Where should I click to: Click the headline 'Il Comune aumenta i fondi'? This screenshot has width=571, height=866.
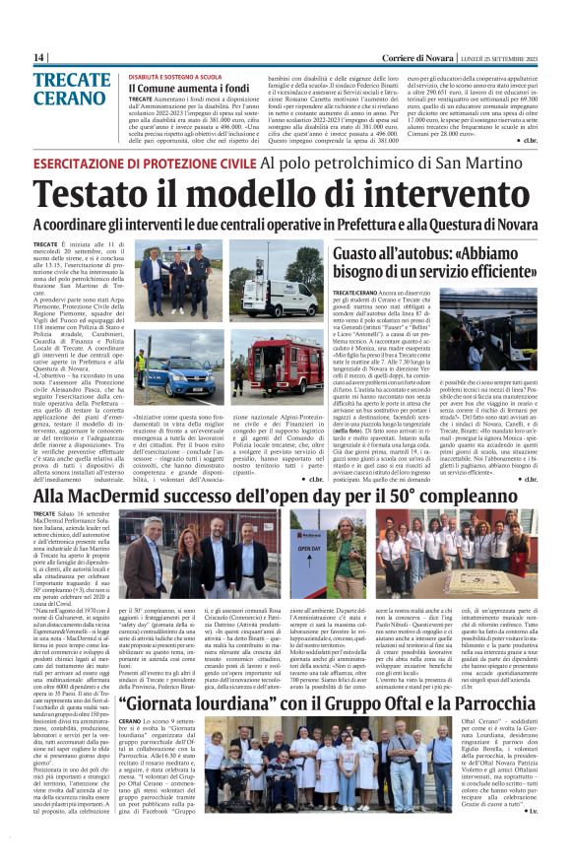click(x=189, y=88)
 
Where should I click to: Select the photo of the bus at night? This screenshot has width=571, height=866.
click(x=489, y=325)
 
